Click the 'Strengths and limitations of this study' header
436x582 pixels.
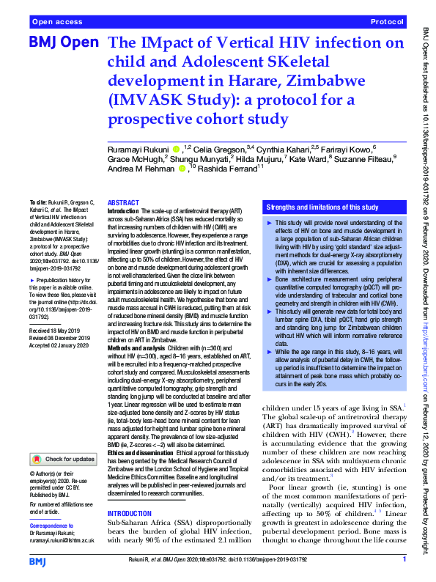(321, 207)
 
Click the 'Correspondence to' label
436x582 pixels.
(51, 526)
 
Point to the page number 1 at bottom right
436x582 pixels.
(404, 560)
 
